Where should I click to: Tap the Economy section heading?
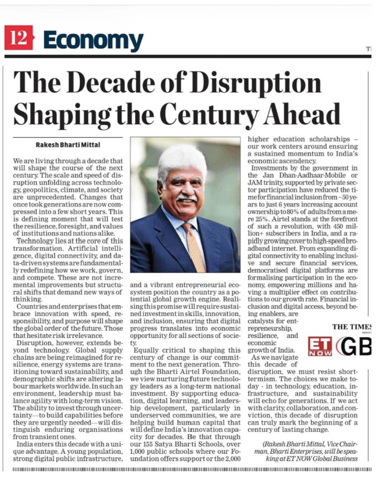tap(93, 40)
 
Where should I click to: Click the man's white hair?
tap(182, 157)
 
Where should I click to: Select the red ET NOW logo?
tap(320, 346)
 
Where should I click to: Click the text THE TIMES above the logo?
tap(351, 327)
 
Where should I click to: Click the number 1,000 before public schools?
tap(142, 458)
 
